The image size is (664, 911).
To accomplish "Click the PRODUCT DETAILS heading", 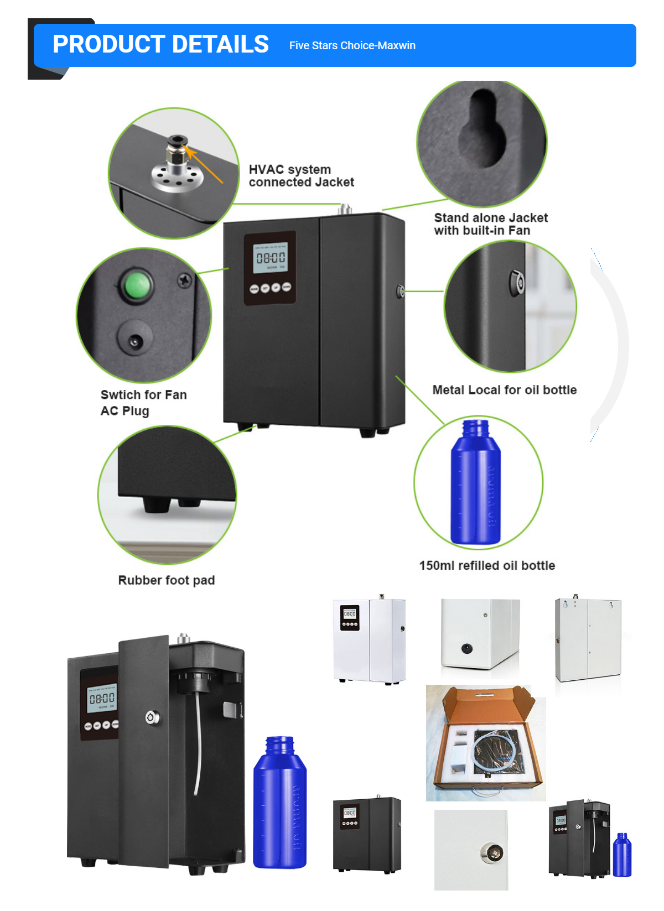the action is click(x=160, y=44).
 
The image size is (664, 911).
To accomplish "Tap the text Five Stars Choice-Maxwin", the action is click(x=352, y=45).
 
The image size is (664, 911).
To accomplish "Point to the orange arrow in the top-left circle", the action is click(x=204, y=164).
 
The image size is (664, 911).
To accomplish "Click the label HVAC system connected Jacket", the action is click(x=301, y=176).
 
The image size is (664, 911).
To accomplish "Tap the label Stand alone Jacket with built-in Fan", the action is click(x=491, y=223).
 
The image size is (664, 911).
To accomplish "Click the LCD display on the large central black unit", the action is click(x=271, y=258).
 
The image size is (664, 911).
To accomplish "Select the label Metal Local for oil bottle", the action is click(x=504, y=389).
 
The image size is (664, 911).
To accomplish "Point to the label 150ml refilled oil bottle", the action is click(x=487, y=565).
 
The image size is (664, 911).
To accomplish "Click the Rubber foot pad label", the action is click(x=167, y=580).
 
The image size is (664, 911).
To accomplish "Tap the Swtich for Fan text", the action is click(x=144, y=394).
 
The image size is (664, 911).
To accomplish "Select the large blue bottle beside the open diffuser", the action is click(x=279, y=802).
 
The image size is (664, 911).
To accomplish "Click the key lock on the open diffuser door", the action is click(x=152, y=717).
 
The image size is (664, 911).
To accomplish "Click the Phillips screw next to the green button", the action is click(x=185, y=280).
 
